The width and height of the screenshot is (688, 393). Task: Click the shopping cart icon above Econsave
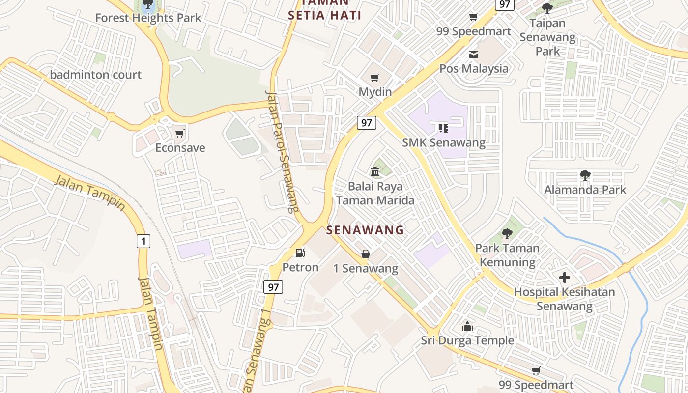[179, 133]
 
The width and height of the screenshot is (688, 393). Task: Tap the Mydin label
[375, 92]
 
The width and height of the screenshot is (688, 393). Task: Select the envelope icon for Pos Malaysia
[473, 55]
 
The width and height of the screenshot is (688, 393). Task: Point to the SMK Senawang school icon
[443, 128]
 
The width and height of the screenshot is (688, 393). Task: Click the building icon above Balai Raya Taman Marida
[375, 171]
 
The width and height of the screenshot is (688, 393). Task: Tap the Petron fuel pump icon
[300, 253]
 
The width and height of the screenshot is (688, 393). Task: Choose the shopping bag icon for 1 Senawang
[366, 253]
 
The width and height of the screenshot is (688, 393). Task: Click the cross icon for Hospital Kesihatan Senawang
[564, 278]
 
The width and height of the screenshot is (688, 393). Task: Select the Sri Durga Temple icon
[467, 326]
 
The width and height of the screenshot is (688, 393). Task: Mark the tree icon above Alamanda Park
[585, 175]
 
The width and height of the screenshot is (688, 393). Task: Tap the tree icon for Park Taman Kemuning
[507, 233]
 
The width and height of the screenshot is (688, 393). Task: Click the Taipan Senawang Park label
[547, 37]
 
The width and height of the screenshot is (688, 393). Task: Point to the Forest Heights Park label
[148, 18]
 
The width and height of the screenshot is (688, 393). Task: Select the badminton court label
[95, 75]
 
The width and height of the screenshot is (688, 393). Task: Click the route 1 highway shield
[143, 241]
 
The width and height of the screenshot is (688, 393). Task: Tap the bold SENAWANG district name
[365, 230]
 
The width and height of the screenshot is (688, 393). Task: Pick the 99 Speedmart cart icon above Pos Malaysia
[473, 17]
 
